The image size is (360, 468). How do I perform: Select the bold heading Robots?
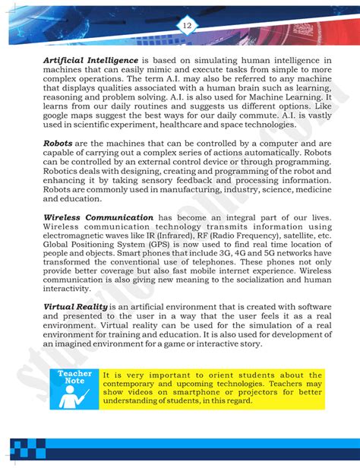[58, 142]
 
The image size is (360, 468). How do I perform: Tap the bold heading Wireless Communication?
[97, 217]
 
